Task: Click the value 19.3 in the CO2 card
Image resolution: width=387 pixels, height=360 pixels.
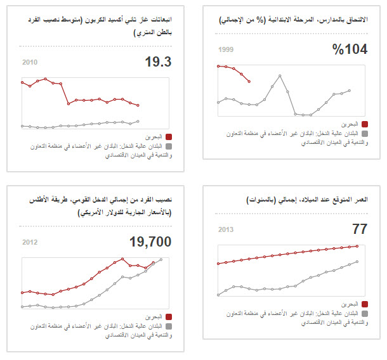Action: pyautogui.click(x=159, y=61)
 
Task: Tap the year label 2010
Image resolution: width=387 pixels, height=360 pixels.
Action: pyautogui.click(x=30, y=62)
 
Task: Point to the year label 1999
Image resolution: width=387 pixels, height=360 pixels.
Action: pyautogui.click(x=226, y=49)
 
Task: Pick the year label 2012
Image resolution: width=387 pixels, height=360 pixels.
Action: pyautogui.click(x=30, y=242)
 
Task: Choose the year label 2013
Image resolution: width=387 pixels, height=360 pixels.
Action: pyautogui.click(x=226, y=230)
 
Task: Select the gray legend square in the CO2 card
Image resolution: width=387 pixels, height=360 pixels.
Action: pyautogui.click(x=169, y=146)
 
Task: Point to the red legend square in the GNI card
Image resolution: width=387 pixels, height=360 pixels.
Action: pyautogui.click(x=169, y=315)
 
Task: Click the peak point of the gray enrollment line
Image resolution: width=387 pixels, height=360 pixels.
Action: pyautogui.click(x=279, y=75)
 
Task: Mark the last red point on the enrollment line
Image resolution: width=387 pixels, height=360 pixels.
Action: pyautogui.click(x=249, y=81)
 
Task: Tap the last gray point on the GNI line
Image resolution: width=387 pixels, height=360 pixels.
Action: pyautogui.click(x=162, y=259)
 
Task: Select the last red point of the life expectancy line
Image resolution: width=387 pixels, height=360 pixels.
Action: pyautogui.click(x=358, y=246)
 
